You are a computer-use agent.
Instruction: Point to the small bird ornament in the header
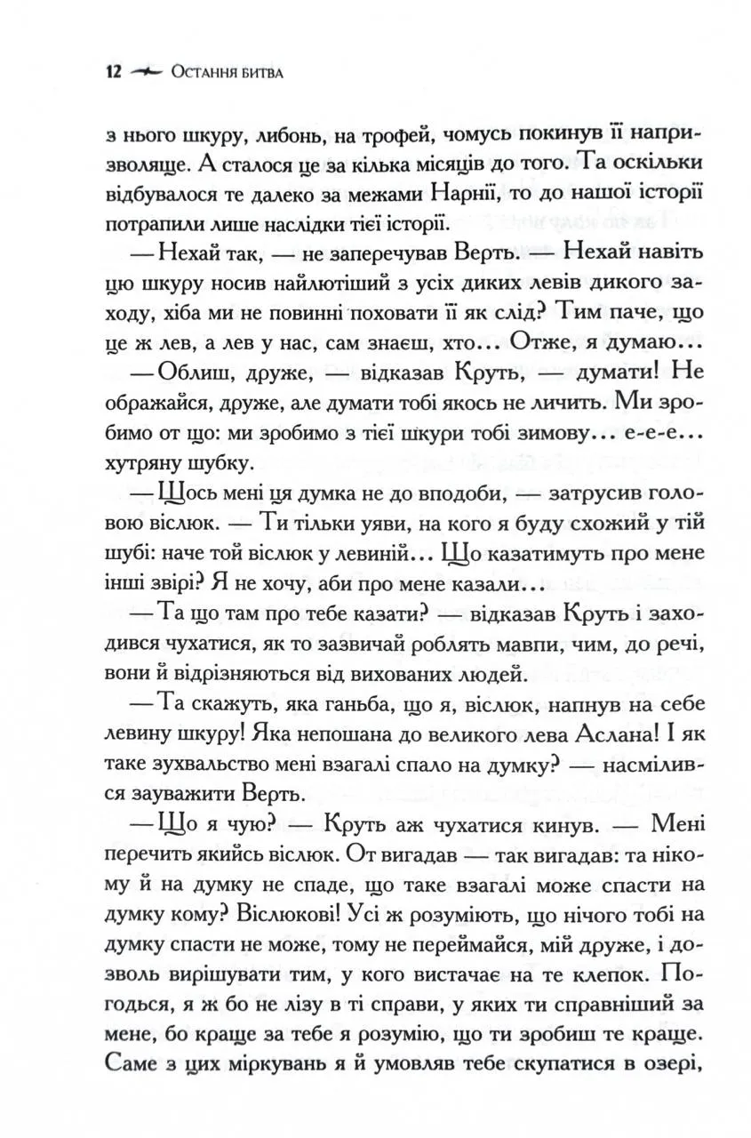pyautogui.click(x=145, y=72)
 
